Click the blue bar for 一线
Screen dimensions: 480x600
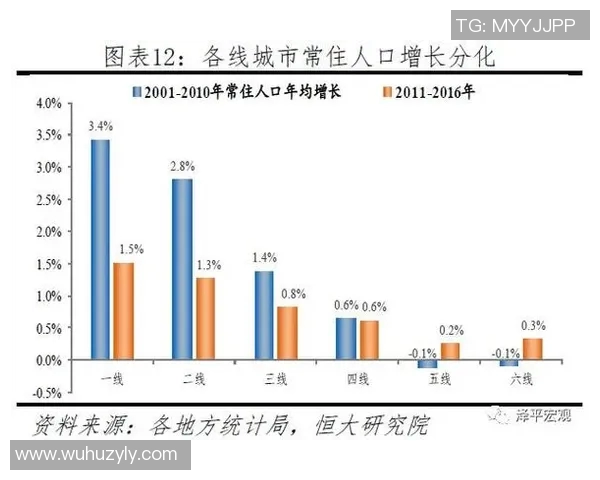[100, 249]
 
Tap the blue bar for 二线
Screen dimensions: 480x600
[182, 269]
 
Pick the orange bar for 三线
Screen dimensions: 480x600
[287, 333]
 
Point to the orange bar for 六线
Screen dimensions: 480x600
[532, 349]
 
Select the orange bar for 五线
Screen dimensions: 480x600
[450, 351]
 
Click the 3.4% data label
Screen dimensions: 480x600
[100, 126]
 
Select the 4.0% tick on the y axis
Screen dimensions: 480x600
[49, 103]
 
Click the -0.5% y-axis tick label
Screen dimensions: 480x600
[47, 393]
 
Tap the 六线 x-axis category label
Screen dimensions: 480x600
[522, 380]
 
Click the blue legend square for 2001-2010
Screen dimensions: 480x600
[135, 92]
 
